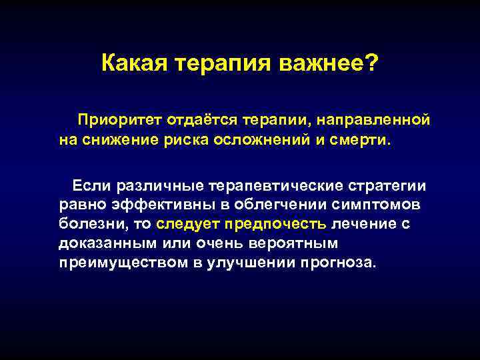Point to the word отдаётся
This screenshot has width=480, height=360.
[x=195, y=121]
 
